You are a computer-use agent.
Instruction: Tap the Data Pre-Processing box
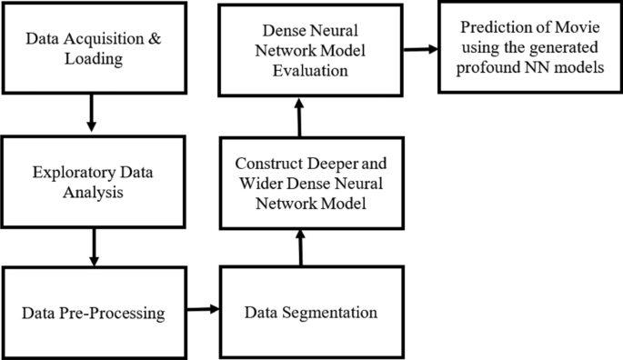point(94,314)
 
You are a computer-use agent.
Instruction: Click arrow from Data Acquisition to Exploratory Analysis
point(90,115)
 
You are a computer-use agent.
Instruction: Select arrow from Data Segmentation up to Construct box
point(300,245)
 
